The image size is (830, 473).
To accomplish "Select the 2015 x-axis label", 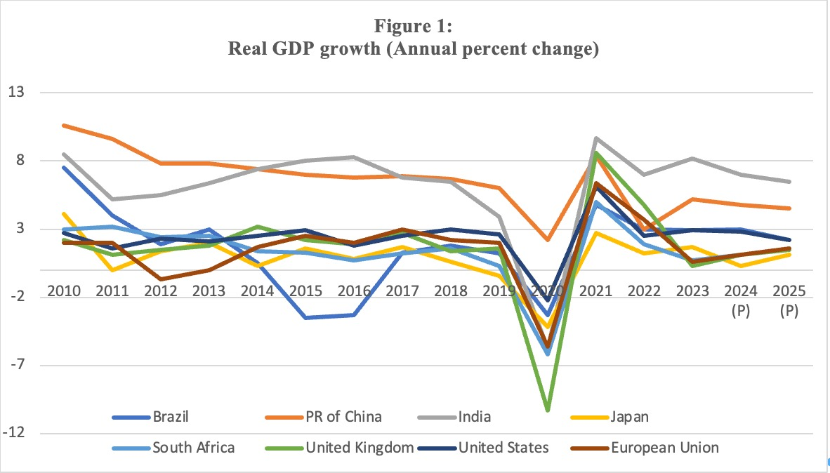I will (x=305, y=291).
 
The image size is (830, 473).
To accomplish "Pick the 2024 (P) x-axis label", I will (x=741, y=299).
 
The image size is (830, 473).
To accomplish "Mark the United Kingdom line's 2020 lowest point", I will (x=548, y=410).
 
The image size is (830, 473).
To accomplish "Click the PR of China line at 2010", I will (x=64, y=126).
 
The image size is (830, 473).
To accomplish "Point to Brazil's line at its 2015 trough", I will (x=305, y=318).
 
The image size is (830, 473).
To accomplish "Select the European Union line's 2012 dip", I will (x=161, y=279).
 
